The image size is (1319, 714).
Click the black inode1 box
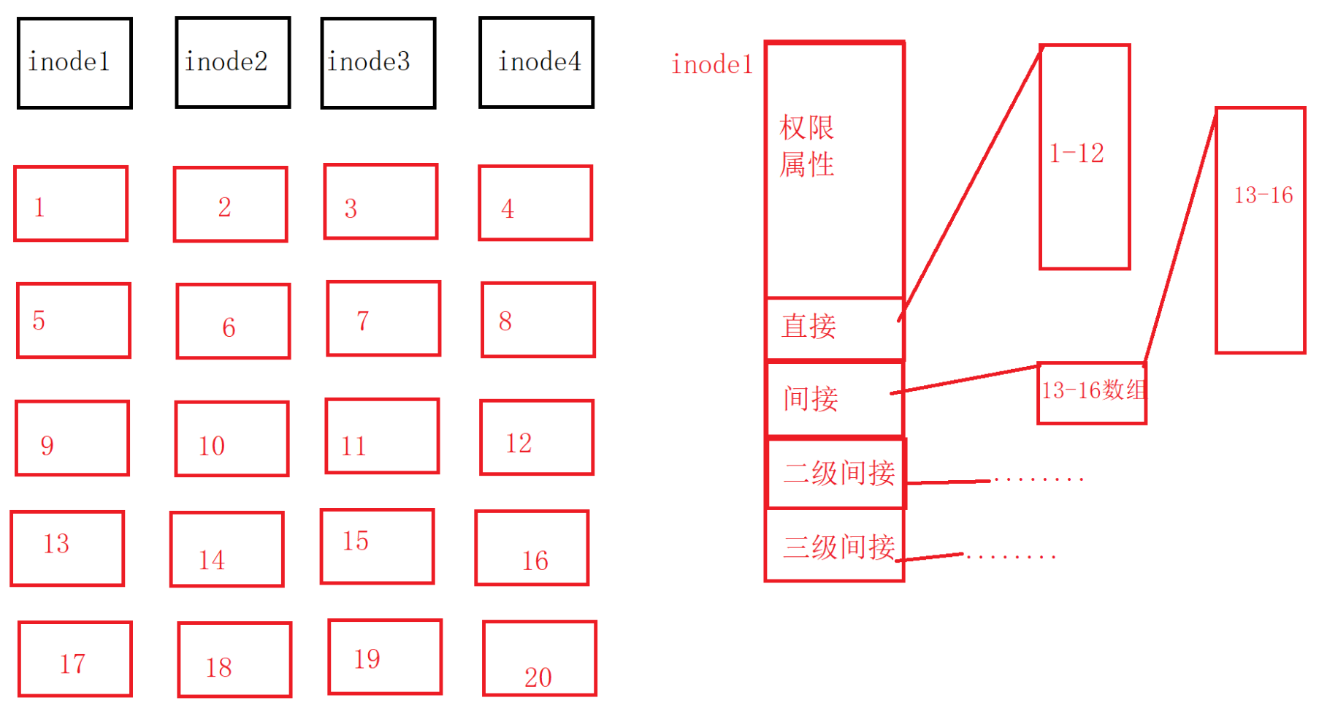click(74, 63)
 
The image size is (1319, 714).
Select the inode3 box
click(378, 63)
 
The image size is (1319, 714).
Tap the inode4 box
click(536, 63)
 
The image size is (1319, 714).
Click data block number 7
click(383, 318)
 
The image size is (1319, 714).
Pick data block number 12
click(537, 437)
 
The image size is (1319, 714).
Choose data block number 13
click(67, 548)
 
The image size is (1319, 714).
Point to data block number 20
click(539, 658)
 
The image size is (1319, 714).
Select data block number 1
click(71, 203)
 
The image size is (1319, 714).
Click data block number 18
click(234, 659)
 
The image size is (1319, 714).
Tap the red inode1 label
click(711, 65)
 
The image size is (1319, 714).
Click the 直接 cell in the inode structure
click(834, 327)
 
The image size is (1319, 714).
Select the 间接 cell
click(834, 398)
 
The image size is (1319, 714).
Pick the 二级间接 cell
click(836, 473)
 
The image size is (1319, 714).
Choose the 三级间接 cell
click(834, 546)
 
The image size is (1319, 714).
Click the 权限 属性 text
click(806, 146)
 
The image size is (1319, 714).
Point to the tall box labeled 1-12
click(1085, 156)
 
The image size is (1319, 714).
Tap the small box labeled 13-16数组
click(1092, 392)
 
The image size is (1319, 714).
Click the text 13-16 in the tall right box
click(1263, 196)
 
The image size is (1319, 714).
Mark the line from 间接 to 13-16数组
click(964, 379)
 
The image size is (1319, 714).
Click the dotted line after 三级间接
click(1012, 557)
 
